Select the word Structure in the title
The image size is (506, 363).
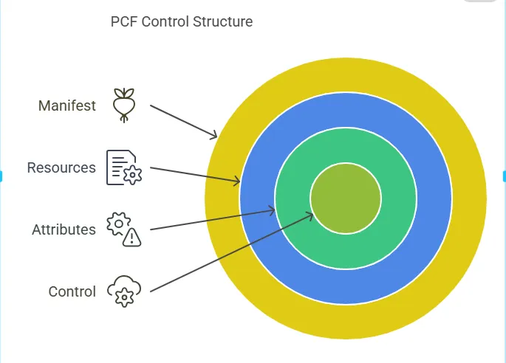pos(222,22)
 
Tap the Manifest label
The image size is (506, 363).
pos(66,106)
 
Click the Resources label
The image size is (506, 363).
pos(61,167)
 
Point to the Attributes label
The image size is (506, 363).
pos(64,230)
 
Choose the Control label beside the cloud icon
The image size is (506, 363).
pos(72,291)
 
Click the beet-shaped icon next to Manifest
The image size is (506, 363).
pos(124,106)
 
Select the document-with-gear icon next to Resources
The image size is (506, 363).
pos(124,167)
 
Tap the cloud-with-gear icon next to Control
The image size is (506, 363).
pos(124,291)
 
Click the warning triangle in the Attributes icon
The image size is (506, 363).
pos(131,238)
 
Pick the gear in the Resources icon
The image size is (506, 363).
pos(132,176)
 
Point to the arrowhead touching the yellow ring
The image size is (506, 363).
pos(213,135)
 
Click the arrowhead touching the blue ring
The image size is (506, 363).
pos(236,181)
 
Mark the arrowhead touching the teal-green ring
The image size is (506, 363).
pos(271,210)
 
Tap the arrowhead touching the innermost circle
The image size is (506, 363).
pos(310,216)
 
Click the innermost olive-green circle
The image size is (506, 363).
pos(346,198)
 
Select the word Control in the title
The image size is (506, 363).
pos(165,22)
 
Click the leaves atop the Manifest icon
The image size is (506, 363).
pos(124,93)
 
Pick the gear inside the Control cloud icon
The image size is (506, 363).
pos(124,298)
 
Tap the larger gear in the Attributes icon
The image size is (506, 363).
pos(118,224)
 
